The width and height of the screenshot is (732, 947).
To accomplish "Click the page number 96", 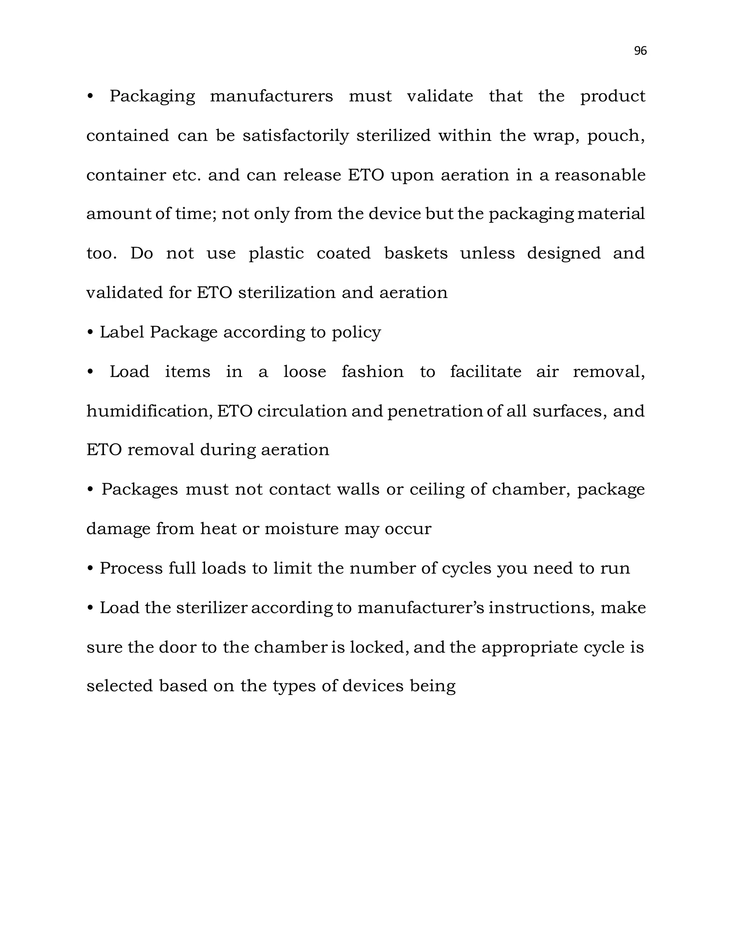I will click(640, 51).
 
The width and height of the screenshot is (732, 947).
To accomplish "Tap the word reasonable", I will click(600, 175).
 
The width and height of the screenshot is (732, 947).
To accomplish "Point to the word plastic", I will click(276, 254).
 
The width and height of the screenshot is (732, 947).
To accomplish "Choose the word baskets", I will click(415, 253).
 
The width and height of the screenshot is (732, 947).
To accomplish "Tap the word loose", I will click(305, 372).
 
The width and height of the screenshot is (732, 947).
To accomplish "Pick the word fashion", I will click(372, 372).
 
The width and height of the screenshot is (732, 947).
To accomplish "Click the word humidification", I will click(149, 411).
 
